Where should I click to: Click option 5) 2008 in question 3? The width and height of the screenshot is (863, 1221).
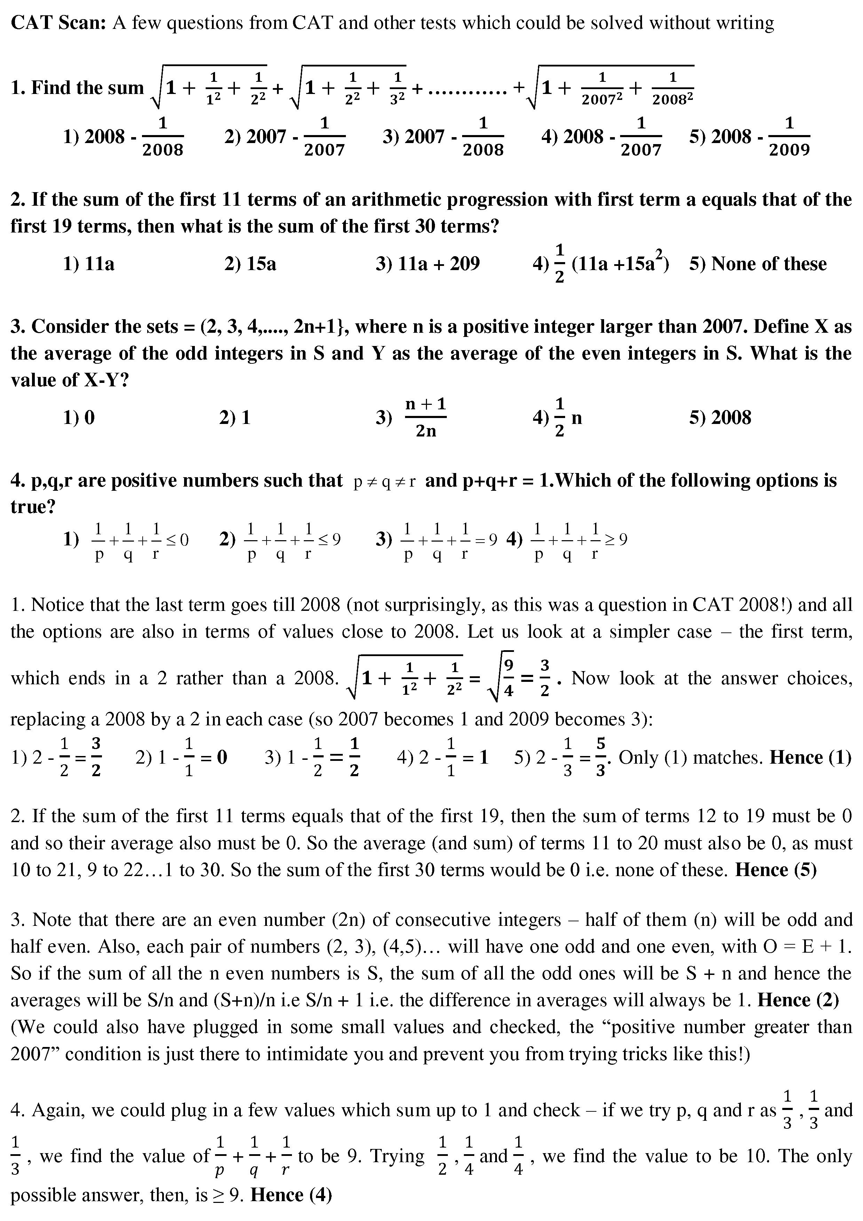720,417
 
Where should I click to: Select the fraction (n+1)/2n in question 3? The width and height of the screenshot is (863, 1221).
425,417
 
